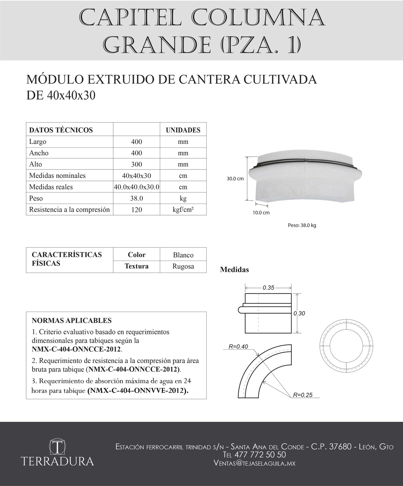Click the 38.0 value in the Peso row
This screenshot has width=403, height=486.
pyautogui.click(x=136, y=198)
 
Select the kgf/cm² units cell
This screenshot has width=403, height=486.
pyautogui.click(x=183, y=210)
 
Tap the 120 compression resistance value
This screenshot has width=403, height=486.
pyautogui.click(x=136, y=210)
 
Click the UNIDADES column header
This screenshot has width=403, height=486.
pyautogui.click(x=183, y=130)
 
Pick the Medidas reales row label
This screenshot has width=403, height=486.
pyautogui.click(x=51, y=187)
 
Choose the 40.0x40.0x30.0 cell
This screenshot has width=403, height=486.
pyautogui.click(x=136, y=187)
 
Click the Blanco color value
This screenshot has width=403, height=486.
pyautogui.click(x=183, y=255)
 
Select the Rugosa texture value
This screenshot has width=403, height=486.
pyautogui.click(x=183, y=266)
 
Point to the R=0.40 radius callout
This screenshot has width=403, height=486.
pyautogui.click(x=238, y=347)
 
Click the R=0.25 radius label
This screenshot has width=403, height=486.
pyautogui.click(x=303, y=395)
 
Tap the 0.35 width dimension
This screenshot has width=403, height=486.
pyautogui.click(x=268, y=288)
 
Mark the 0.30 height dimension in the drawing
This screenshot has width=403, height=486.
pyautogui.click(x=299, y=313)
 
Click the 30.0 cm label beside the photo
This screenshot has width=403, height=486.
pyautogui.click(x=235, y=179)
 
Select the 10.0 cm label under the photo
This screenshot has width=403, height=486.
pyautogui.click(x=261, y=213)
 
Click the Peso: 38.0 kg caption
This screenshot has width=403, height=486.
pyautogui.click(x=302, y=225)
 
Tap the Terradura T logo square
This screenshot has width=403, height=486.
pyautogui.click(x=57, y=447)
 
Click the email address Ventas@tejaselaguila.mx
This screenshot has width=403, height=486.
pyautogui.click(x=254, y=463)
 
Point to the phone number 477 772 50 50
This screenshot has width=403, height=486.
pyautogui.click(x=260, y=455)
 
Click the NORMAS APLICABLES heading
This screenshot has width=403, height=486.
pyautogui.click(x=72, y=321)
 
